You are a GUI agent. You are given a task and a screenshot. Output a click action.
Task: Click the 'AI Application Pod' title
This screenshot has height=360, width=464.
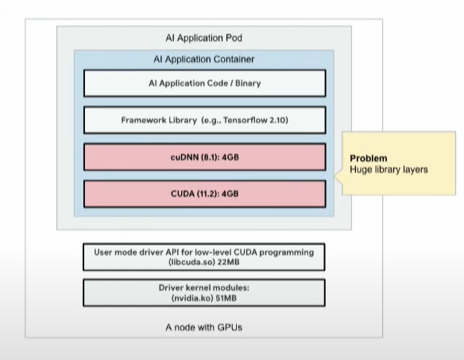(204, 38)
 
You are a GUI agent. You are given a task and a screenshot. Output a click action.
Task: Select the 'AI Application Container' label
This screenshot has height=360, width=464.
(204, 59)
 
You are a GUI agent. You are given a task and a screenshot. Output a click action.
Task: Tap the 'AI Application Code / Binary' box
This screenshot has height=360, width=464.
(204, 83)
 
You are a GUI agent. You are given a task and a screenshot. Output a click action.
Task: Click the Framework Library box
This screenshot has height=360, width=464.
(204, 120)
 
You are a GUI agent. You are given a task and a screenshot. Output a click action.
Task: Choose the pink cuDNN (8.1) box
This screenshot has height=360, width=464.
(204, 157)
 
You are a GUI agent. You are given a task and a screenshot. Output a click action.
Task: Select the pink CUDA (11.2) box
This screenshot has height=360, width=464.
(204, 194)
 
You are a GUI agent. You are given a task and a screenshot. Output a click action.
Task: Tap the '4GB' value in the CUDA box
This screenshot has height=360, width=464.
(230, 194)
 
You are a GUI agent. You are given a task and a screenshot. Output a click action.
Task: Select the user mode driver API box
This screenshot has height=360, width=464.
(204, 257)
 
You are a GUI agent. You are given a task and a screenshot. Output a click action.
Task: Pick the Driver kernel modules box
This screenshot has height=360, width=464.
(204, 292)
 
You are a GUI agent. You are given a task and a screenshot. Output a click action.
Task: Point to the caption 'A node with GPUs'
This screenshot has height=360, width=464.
(204, 326)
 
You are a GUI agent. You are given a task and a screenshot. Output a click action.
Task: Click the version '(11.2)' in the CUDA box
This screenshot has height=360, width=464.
(206, 194)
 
